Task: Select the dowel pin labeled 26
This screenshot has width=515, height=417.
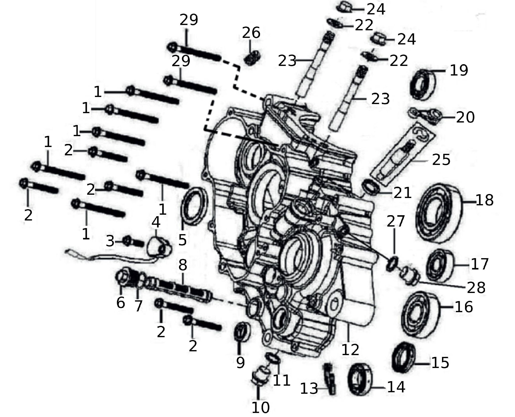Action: click(253, 59)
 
